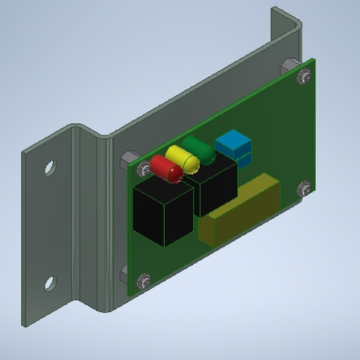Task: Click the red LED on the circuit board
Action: (x=166, y=168)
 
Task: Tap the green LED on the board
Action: (x=200, y=150)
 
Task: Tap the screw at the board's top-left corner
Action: (x=143, y=168)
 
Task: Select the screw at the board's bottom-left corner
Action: (x=142, y=282)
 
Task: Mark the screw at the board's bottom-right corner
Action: (x=303, y=189)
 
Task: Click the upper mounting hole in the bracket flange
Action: (x=50, y=168)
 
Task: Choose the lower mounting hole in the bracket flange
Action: (x=49, y=283)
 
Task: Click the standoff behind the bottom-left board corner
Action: (x=125, y=275)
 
